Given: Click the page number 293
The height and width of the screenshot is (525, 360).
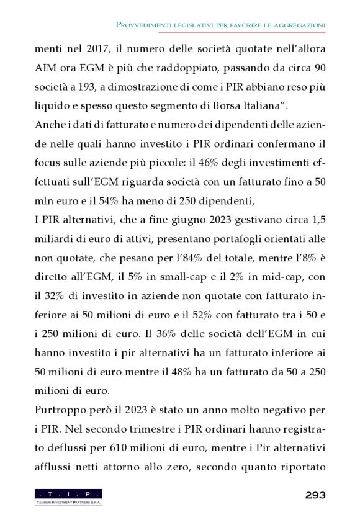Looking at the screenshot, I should point(315,495).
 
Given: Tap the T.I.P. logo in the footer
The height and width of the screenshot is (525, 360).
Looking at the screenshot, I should point(68,496).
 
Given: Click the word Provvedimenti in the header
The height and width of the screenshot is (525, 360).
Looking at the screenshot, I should point(145,24).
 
